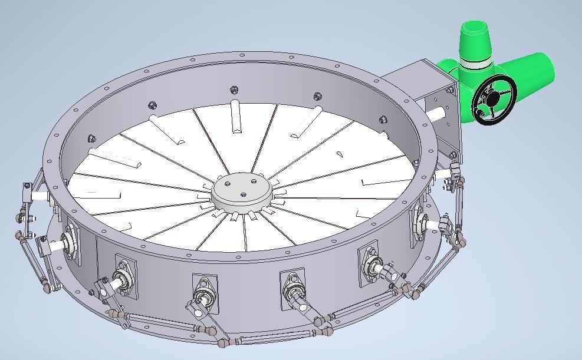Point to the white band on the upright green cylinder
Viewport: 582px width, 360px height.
pyautogui.click(x=476, y=61)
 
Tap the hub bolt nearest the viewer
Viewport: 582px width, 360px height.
pyautogui.click(x=242, y=193)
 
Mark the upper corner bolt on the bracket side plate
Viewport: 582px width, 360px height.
pyautogui.click(x=451, y=90)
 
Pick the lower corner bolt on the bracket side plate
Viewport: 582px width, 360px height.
pyautogui.click(x=452, y=155)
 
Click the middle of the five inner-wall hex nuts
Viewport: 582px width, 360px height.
pyautogui.click(x=234, y=90)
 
